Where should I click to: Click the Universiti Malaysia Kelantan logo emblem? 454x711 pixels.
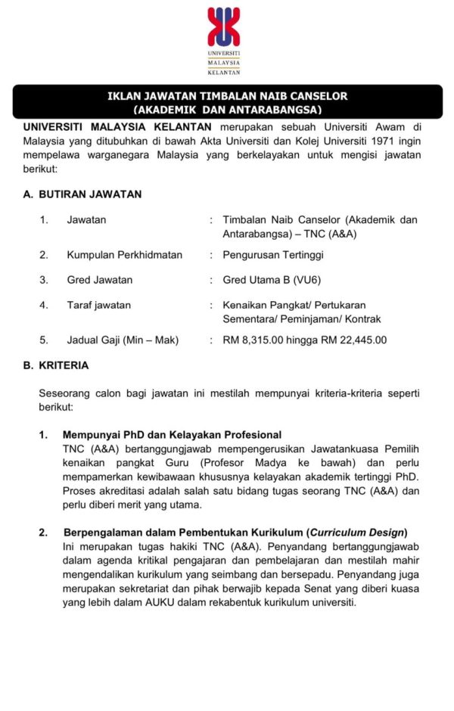(x=224, y=26)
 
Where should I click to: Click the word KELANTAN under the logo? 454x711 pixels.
(x=224, y=73)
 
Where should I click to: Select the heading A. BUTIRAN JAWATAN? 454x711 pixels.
(x=82, y=194)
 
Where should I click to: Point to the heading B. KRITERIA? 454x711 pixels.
(x=56, y=365)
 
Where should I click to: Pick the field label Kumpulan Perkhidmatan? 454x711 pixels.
(x=125, y=255)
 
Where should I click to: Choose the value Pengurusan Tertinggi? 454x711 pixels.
(x=273, y=255)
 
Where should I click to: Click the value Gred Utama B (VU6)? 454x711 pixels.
(x=272, y=279)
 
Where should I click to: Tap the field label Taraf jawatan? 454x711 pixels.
(x=98, y=305)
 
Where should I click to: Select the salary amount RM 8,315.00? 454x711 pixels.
(x=257, y=340)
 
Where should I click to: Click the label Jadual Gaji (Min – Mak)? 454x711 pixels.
(x=123, y=340)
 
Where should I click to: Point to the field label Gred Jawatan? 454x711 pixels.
(x=100, y=279)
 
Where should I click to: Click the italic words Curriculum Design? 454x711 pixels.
(x=359, y=532)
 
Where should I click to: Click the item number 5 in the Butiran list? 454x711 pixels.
(x=44, y=340)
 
